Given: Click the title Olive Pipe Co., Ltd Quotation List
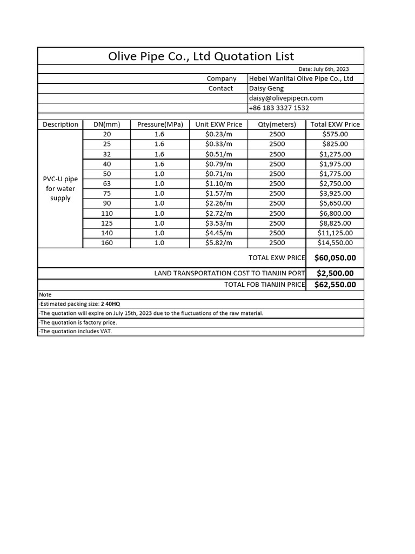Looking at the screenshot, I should (200, 56).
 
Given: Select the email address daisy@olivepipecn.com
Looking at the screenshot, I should (286, 98).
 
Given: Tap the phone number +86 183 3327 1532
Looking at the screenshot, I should (279, 108).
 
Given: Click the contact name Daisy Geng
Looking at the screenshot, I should (266, 88).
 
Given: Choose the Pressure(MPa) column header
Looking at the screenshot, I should (160, 124).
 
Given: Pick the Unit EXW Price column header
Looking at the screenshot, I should (219, 124).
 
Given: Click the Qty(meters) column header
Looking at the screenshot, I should (277, 124).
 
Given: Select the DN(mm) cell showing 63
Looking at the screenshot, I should (106, 183).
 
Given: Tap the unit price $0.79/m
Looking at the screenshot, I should (219, 164).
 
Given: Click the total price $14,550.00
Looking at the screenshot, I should (335, 243).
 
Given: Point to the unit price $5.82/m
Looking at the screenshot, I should (219, 243).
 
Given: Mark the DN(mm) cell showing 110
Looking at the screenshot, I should (106, 213).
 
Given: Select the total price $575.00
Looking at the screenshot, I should (335, 134).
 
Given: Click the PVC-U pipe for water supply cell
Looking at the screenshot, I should (61, 188).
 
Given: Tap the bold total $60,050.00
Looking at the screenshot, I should (335, 258).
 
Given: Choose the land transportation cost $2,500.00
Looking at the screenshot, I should (335, 273).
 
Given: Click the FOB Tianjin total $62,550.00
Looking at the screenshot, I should (335, 285).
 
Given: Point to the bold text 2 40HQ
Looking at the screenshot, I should (111, 304).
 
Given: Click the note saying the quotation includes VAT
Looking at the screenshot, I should (76, 331).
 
